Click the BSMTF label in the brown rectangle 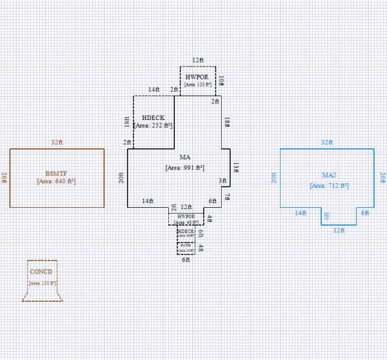point(57,173)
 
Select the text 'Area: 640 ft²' point(57,181)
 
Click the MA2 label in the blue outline point(329,175)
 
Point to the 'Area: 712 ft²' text point(329,185)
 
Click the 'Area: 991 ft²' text point(184,167)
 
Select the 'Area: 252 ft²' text point(153,125)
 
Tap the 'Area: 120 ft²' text point(198,85)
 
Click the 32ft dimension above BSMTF point(57,143)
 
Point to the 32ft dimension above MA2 point(326,143)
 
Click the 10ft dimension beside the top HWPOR point(221,81)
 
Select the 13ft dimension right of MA point(236,167)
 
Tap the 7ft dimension point(227,197)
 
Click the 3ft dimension point(222,181)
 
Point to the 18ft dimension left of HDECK point(127,123)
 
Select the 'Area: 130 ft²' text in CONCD point(43,283)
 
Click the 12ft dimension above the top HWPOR point(197,60)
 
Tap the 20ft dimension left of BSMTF point(4,177)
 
